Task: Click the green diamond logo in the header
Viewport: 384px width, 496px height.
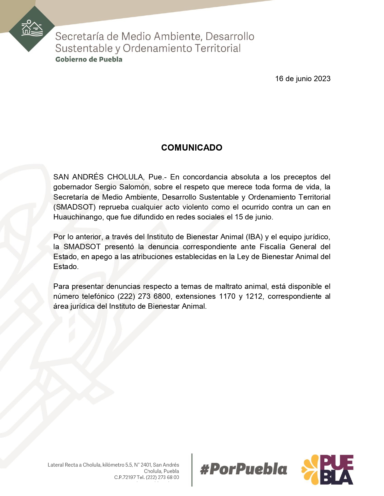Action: pos(32,29)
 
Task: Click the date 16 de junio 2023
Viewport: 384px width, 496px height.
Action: pos(302,79)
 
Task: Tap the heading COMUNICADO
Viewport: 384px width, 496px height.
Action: pos(192,148)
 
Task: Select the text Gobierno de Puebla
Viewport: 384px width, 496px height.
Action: pos(89,59)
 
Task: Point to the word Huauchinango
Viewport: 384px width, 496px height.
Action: pos(78,217)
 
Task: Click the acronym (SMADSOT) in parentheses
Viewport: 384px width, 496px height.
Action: pos(74,207)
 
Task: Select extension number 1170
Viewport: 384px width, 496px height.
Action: pos(227,296)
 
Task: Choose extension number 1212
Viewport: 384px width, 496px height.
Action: pos(254,296)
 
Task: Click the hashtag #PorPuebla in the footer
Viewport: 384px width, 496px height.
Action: pos(243,470)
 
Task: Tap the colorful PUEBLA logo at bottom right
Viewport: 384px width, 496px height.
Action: pos(327,470)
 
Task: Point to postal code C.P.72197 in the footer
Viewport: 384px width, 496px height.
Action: pos(125,477)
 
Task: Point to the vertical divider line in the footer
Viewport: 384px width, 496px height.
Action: pos(192,470)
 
